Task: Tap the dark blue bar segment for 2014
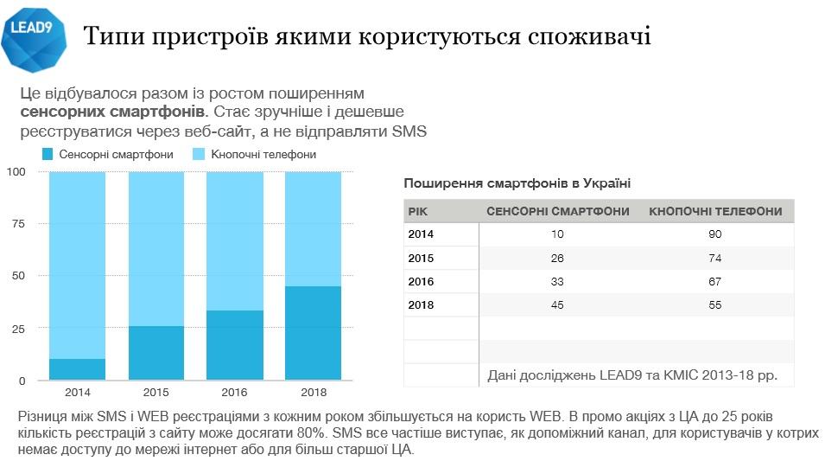click(77, 369)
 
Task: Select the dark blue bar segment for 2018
click(312, 333)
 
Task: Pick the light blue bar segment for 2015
click(155, 249)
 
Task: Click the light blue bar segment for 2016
click(234, 241)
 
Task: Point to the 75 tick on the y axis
click(18, 224)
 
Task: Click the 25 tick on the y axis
click(18, 329)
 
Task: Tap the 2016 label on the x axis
click(234, 392)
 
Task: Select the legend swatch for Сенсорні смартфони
click(48, 155)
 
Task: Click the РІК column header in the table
click(416, 212)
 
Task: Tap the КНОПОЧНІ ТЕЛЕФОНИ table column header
click(714, 212)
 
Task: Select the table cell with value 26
click(556, 258)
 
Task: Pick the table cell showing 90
click(714, 234)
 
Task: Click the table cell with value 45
click(556, 304)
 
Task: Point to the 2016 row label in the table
click(421, 281)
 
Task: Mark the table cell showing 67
click(714, 281)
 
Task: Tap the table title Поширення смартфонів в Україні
click(517, 183)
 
